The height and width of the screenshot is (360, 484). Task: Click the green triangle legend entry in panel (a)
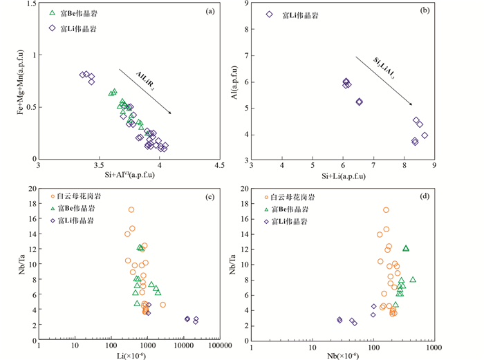tap(53, 13)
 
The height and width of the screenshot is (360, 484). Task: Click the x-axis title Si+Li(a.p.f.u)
tap(343, 176)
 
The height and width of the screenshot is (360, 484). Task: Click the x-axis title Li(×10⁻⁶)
tap(129, 354)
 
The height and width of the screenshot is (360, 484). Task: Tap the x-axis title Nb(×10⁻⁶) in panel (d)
tap(344, 354)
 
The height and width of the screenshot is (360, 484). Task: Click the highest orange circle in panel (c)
tap(131, 210)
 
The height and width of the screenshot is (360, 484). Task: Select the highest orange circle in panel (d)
tap(386, 210)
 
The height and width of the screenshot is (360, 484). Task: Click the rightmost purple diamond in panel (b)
tap(425, 135)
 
